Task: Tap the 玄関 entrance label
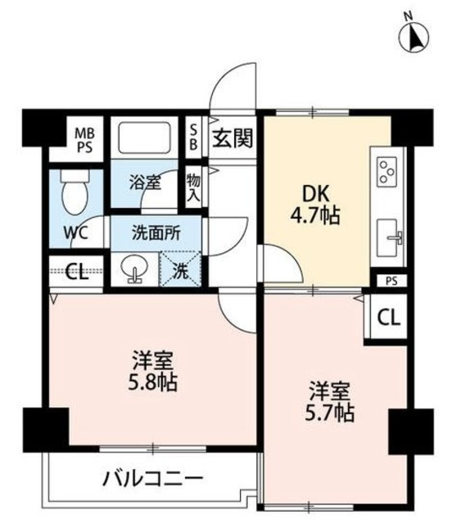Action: pyautogui.click(x=233, y=137)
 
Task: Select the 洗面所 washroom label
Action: pyautogui.click(x=156, y=232)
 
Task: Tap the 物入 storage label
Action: pyautogui.click(x=193, y=185)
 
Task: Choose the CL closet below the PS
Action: pyautogui.click(x=389, y=317)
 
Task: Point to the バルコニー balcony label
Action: pyautogui.click(x=153, y=477)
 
